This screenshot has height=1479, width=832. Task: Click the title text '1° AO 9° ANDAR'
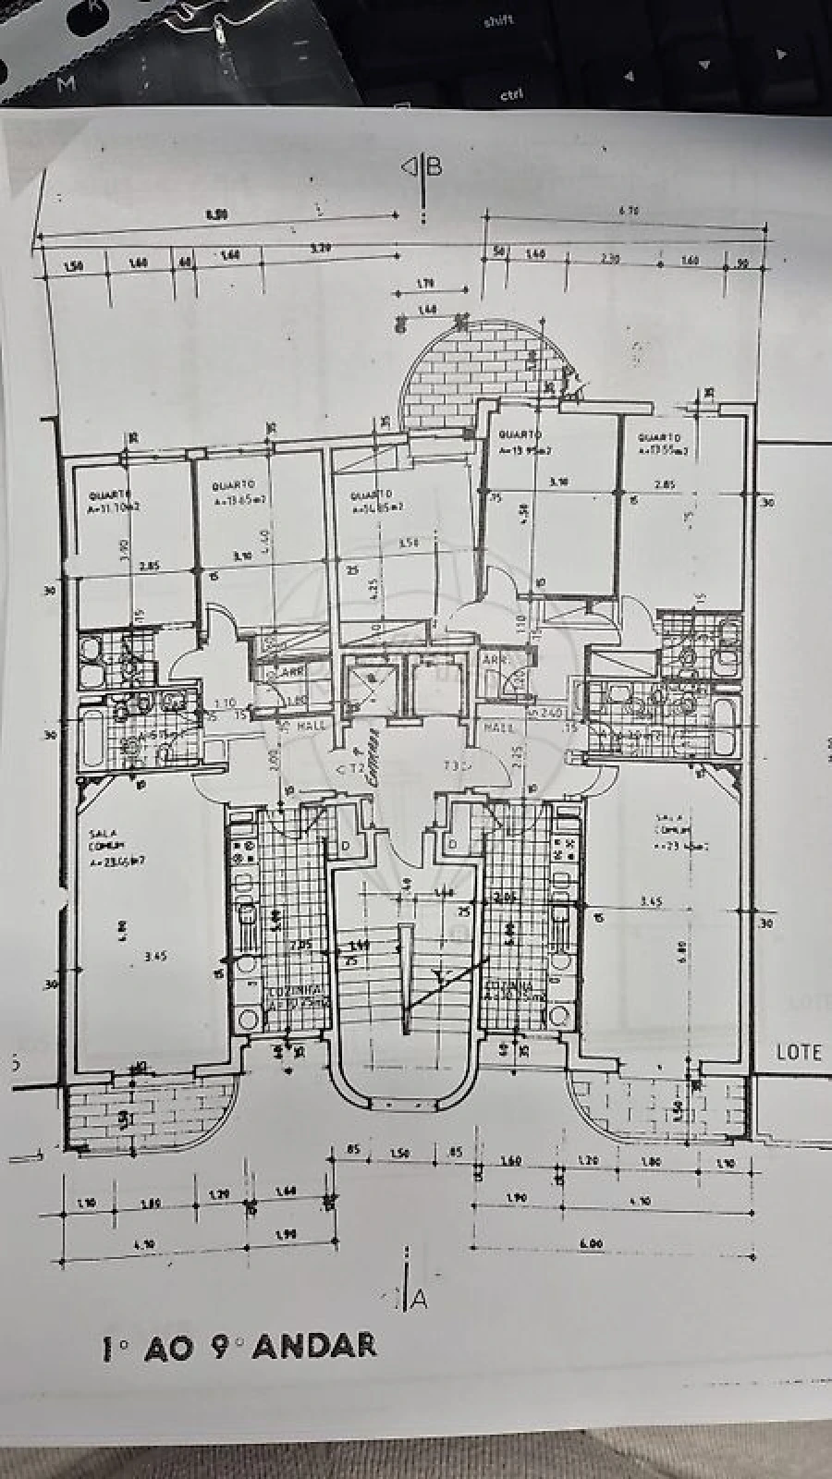click(239, 1346)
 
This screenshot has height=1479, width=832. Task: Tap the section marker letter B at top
click(434, 166)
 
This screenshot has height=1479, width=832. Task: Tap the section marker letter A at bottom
click(419, 1299)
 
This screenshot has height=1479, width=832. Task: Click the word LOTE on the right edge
click(799, 1051)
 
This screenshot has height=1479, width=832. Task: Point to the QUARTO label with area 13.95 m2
click(520, 444)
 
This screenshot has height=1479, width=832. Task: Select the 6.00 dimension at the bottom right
click(592, 1244)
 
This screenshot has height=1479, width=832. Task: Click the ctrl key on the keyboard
click(511, 94)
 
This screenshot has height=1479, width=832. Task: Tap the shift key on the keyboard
click(498, 21)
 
